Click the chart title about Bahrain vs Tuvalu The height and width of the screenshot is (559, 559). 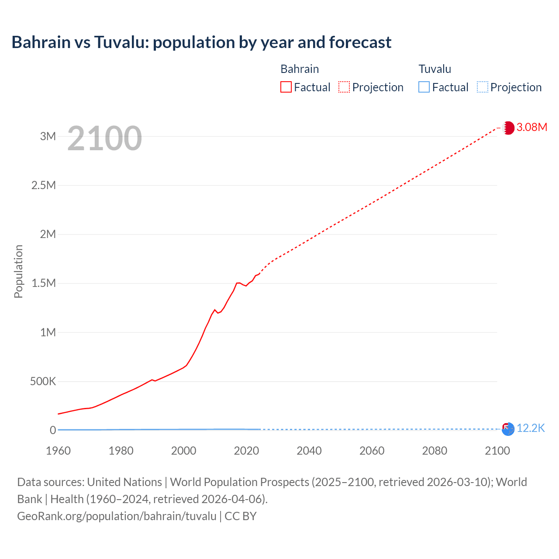point(201,42)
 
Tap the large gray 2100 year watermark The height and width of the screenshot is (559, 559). point(104,138)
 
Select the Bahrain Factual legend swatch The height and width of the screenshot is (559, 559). point(286,87)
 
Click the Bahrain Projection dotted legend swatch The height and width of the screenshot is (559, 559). point(344,87)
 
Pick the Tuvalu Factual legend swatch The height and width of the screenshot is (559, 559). point(424,87)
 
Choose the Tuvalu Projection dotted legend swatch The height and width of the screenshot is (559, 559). point(482,87)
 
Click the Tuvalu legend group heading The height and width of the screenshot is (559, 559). point(435,69)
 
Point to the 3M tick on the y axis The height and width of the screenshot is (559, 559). point(48,136)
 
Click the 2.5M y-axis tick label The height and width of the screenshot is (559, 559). point(44,185)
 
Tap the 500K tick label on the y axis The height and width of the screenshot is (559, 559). point(43,381)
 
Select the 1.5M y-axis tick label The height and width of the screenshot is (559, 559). point(44,283)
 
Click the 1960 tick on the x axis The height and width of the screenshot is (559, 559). point(58,451)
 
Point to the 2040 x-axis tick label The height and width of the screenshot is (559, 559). point(309,451)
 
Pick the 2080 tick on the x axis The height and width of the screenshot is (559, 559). point(435,451)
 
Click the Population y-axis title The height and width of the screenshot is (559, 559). point(18,271)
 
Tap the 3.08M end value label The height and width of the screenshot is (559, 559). point(531,127)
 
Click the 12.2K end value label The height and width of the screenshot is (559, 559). point(531,428)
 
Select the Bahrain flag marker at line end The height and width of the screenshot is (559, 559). point(508,128)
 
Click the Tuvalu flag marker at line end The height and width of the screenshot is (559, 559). point(508,429)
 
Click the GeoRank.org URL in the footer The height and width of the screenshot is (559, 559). point(117,516)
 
